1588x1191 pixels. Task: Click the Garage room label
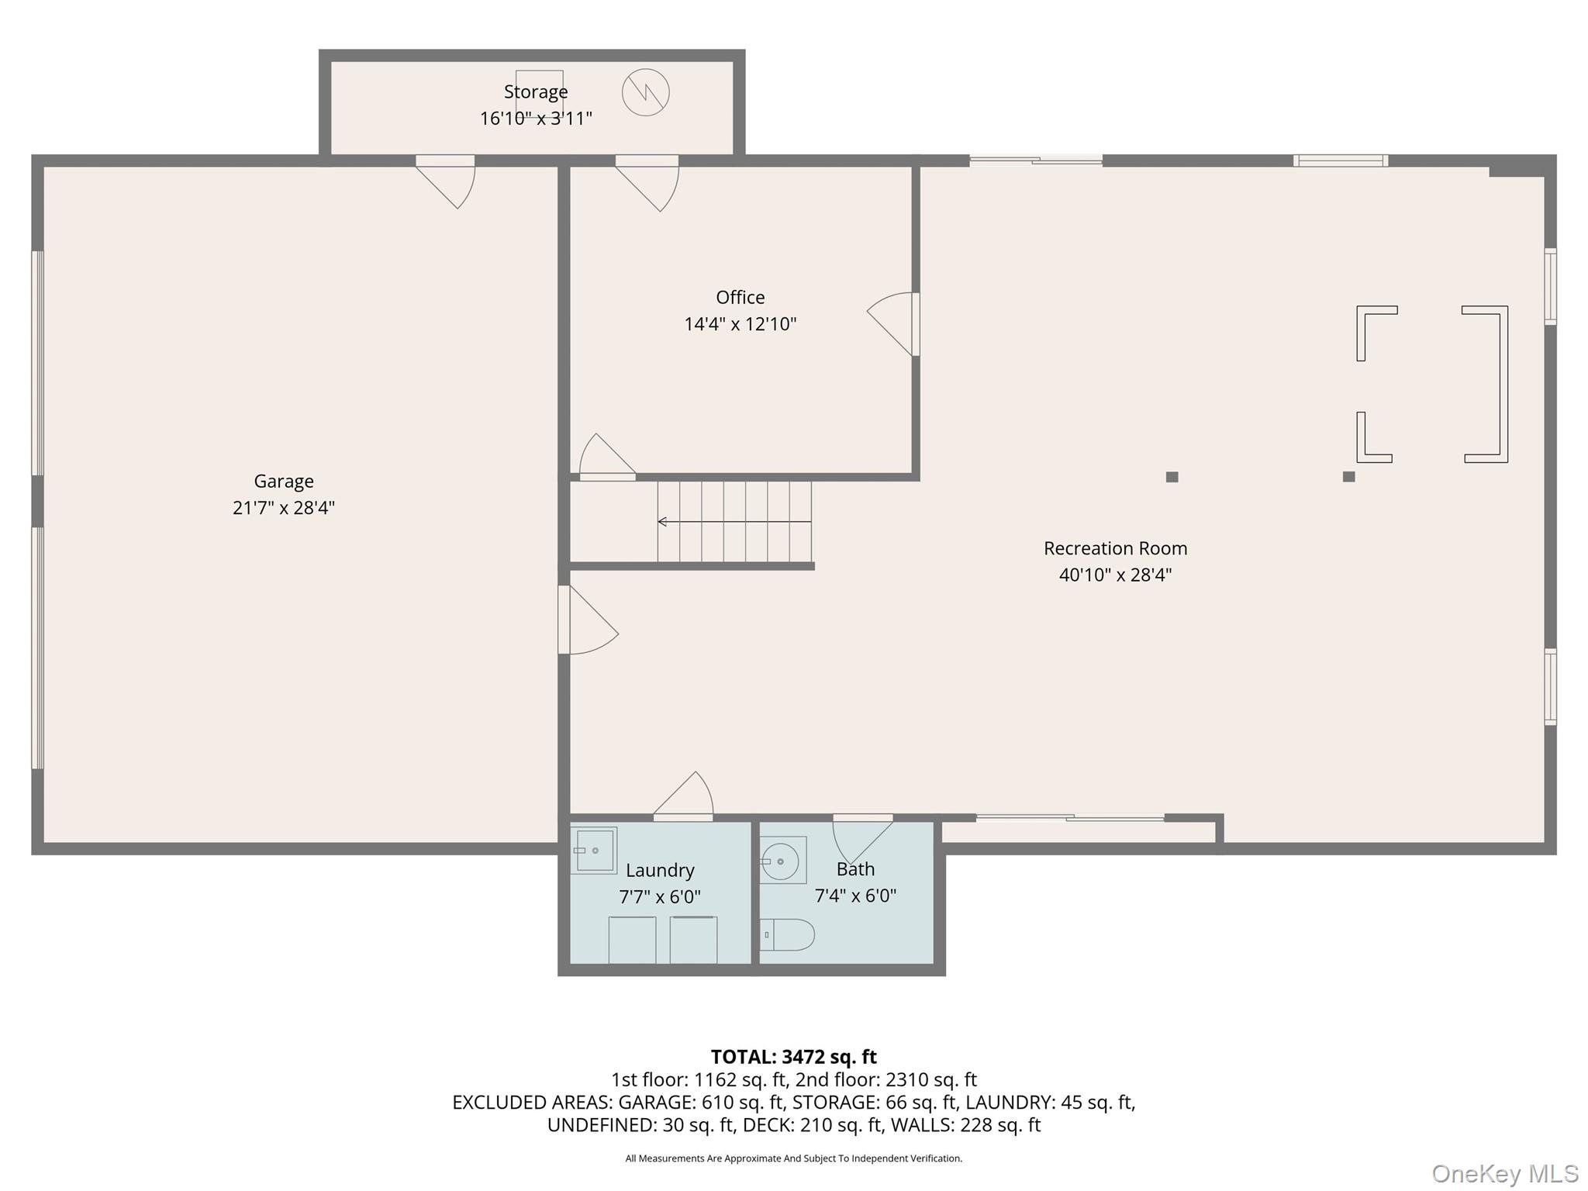(x=284, y=482)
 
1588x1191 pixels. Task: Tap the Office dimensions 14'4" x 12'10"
(x=740, y=324)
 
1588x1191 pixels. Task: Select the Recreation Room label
(x=1115, y=548)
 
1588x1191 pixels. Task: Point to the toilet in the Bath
(x=787, y=935)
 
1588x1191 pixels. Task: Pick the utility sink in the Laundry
(x=594, y=851)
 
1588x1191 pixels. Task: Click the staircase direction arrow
(x=734, y=522)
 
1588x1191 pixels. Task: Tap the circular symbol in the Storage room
(x=646, y=93)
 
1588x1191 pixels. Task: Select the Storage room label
(x=536, y=91)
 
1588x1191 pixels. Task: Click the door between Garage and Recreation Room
(x=587, y=620)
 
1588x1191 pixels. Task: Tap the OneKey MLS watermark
(x=1505, y=1174)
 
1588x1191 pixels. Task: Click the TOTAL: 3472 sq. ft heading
(x=794, y=1057)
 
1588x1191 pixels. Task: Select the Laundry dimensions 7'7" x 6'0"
(x=660, y=897)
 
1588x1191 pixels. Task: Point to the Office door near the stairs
(x=608, y=457)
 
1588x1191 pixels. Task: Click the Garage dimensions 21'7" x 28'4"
(x=284, y=508)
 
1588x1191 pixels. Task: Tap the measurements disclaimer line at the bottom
(x=794, y=1158)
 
